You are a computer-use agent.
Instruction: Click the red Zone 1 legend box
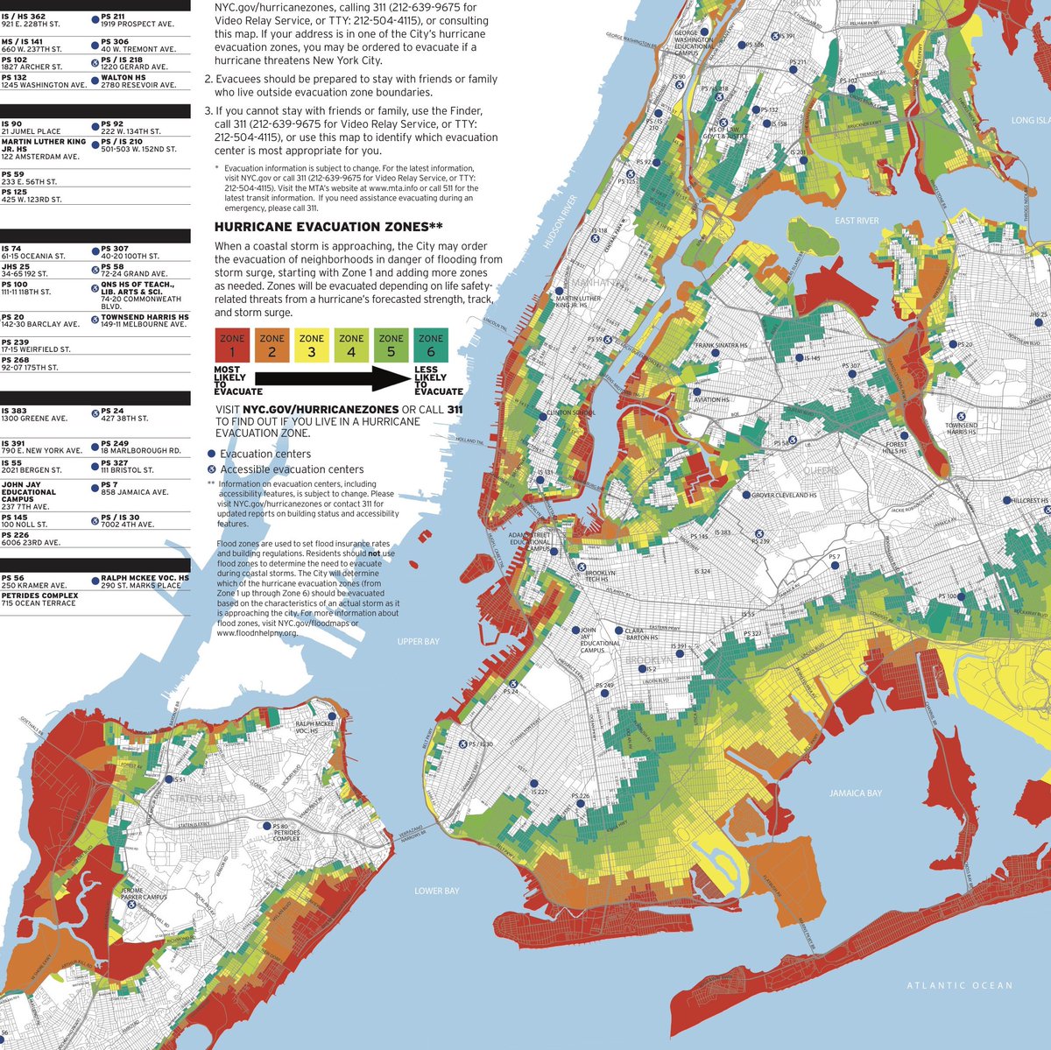[232, 345]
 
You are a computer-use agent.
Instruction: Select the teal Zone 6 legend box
[431, 345]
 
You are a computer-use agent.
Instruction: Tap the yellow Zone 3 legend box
[312, 345]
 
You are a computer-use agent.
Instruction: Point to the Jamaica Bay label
[856, 793]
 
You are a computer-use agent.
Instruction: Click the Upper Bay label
[418, 642]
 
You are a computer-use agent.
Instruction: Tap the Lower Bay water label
[436, 891]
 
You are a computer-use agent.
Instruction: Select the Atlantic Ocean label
[960, 985]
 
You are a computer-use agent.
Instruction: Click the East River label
[857, 221]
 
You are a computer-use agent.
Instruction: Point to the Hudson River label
[559, 223]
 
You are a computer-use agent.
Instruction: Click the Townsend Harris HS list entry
[144, 321]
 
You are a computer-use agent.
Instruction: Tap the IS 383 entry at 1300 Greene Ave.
[35, 414]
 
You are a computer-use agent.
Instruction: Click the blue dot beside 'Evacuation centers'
[211, 454]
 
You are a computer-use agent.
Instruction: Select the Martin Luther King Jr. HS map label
[578, 301]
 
